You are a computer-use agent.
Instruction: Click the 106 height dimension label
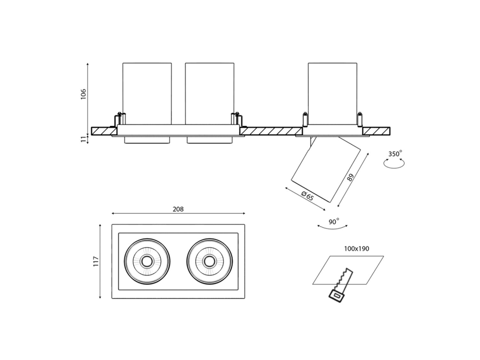pyautogui.click(x=84, y=94)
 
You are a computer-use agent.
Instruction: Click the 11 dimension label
pyautogui.click(x=84, y=140)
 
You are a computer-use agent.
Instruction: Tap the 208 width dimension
pyautogui.click(x=178, y=209)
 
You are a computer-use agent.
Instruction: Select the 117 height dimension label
pyautogui.click(x=96, y=261)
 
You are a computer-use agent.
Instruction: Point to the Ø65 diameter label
pyautogui.click(x=307, y=196)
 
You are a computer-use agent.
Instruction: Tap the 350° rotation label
pyautogui.click(x=395, y=154)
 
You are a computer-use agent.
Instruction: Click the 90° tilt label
pyautogui.click(x=333, y=222)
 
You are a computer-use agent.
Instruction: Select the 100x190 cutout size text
pyautogui.click(x=356, y=249)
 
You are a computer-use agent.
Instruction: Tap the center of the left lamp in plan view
pyautogui.click(x=147, y=261)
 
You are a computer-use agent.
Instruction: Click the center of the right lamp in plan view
pyautogui.click(x=210, y=261)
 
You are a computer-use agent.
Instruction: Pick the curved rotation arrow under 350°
pyautogui.click(x=394, y=164)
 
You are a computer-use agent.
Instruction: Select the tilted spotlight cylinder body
pyautogui.click(x=326, y=169)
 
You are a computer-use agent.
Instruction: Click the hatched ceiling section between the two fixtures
pyautogui.click(x=271, y=131)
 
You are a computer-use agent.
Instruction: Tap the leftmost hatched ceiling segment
pyautogui.click(x=104, y=131)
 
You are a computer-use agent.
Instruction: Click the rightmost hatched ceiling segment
pyautogui.click(x=376, y=131)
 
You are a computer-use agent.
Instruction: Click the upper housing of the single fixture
pyautogui.click(x=332, y=93)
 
